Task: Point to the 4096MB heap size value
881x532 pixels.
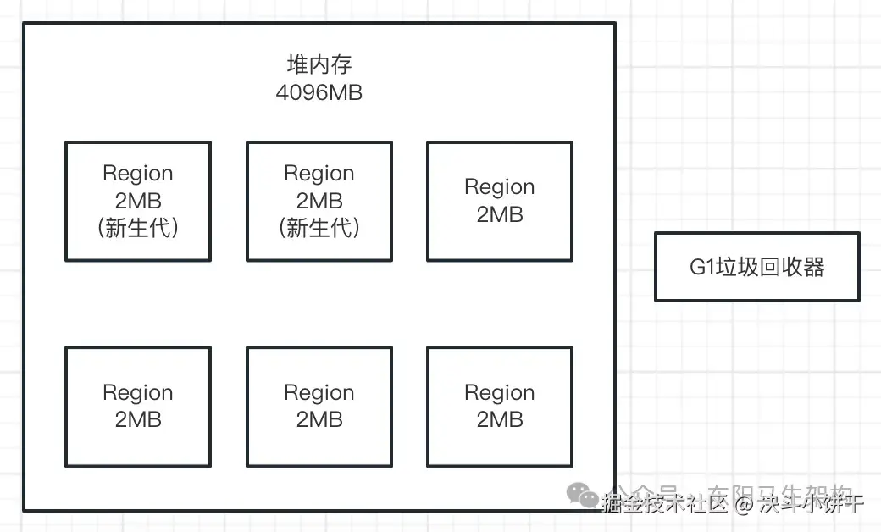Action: tap(319, 92)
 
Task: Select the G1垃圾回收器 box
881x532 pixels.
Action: tap(756, 267)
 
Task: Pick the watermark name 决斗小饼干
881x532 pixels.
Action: tap(811, 505)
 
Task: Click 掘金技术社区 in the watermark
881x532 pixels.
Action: tap(664, 505)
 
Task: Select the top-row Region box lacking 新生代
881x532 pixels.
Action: tap(499, 201)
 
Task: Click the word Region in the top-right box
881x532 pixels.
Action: tap(499, 186)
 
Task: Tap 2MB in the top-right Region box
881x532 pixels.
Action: tap(499, 214)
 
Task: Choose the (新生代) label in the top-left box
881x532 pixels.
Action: tap(137, 228)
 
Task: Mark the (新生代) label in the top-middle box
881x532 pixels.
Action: tap(319, 228)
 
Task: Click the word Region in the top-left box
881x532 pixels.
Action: tap(137, 173)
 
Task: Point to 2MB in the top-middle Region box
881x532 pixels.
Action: tap(319, 201)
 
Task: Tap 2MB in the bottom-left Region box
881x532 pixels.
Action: tap(137, 419)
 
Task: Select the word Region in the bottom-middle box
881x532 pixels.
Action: tap(319, 392)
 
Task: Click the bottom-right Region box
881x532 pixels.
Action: tap(499, 406)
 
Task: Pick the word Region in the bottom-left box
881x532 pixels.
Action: tap(137, 392)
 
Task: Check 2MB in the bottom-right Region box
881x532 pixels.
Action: tap(499, 419)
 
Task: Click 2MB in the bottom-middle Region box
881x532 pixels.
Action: tap(319, 419)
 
